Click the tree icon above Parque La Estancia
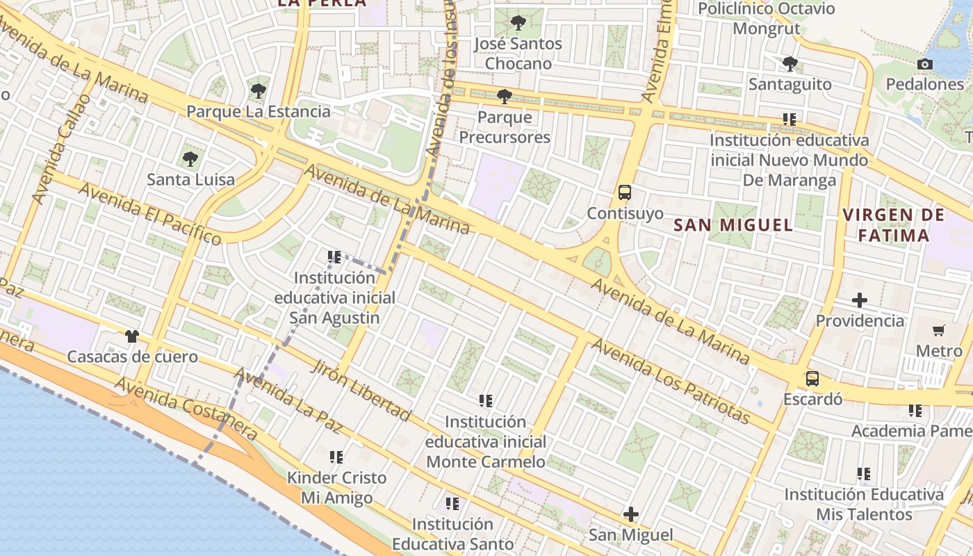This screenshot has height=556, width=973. [x=259, y=90]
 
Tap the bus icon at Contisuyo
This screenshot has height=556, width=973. [x=625, y=193]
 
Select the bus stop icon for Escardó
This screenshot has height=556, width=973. [x=812, y=379]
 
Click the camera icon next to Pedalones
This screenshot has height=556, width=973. [x=924, y=64]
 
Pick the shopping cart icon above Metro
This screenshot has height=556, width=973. [x=939, y=330]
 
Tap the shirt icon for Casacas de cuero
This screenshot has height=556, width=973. [x=132, y=336]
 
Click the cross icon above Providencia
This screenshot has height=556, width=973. [x=860, y=300]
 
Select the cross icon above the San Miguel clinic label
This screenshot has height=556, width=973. [x=631, y=514]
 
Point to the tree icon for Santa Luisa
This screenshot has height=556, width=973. [x=190, y=159]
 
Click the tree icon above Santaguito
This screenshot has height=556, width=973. [x=790, y=64]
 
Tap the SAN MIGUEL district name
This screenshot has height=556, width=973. [x=733, y=225]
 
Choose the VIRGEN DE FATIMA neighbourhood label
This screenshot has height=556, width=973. [x=893, y=224]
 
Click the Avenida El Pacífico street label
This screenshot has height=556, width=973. [x=149, y=213]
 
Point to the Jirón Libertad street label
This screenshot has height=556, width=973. [x=361, y=390]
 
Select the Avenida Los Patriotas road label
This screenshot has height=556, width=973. [x=671, y=382]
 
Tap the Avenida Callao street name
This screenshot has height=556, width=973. [x=62, y=149]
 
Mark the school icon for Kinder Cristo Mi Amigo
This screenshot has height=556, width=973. [x=336, y=457]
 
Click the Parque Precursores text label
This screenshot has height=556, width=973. [x=505, y=126]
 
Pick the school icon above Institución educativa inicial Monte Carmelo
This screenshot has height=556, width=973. [x=486, y=401]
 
